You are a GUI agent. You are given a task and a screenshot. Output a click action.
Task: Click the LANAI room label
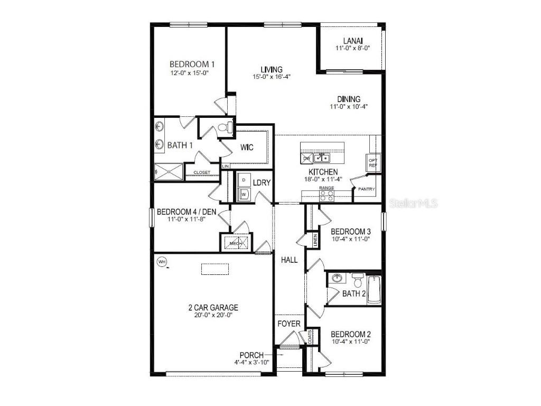pos(352,40)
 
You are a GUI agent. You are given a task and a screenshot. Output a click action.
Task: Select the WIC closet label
pos(247,147)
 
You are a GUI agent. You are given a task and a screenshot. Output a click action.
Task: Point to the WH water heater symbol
pos(162,261)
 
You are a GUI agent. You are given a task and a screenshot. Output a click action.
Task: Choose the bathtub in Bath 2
pos(374,290)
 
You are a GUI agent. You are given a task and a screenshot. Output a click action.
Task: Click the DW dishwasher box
pos(306,158)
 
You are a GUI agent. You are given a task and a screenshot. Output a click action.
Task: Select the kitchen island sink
pos(322,157)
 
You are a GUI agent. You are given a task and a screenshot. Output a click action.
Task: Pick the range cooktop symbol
pos(326,196)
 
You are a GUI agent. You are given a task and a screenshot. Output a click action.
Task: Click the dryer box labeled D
pos(244,180)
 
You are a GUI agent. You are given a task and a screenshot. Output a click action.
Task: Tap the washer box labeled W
pos(244,194)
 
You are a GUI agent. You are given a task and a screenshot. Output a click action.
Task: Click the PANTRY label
pos(366,189)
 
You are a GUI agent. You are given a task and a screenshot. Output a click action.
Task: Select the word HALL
pos(289,260)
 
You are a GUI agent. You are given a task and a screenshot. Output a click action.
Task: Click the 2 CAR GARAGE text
pos(213,307)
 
